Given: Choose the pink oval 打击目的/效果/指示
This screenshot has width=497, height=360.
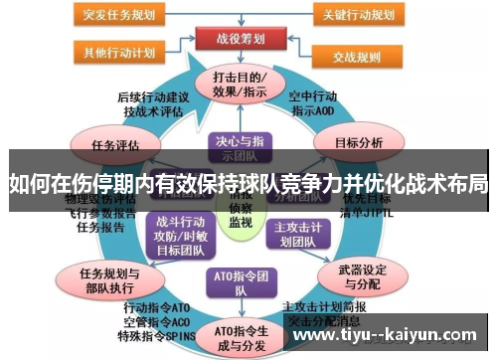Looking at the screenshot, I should (239, 85).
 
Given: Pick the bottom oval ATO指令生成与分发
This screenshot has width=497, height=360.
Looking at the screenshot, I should (239, 336).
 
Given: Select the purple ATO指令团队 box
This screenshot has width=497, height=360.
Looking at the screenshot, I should (239, 281).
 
